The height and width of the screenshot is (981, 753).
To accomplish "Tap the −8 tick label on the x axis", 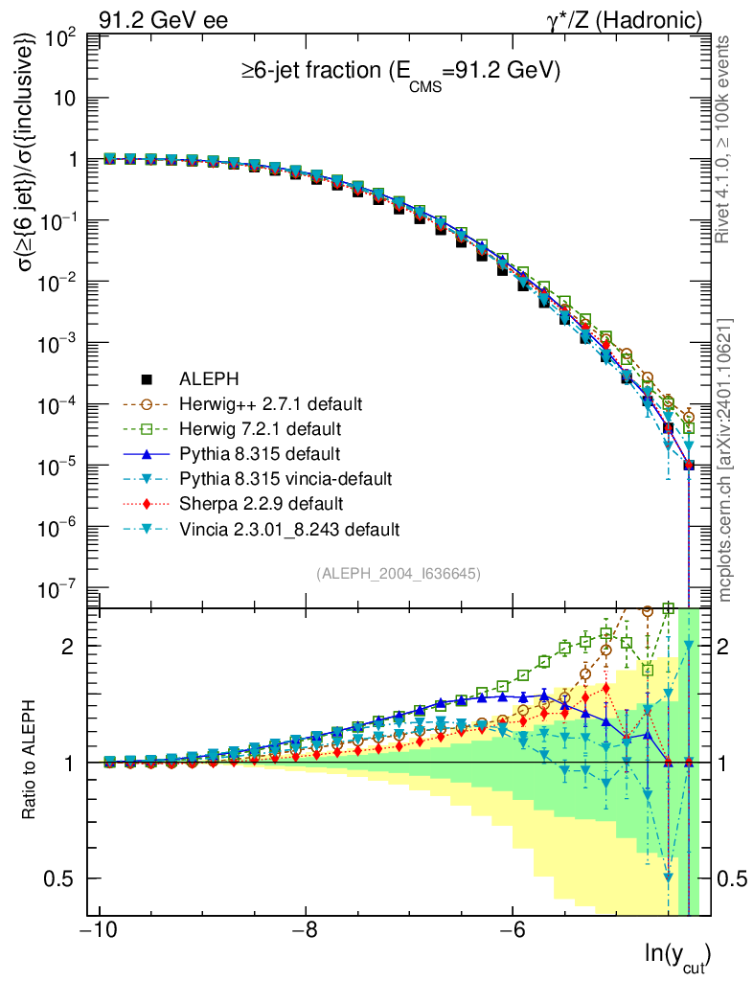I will [305, 931].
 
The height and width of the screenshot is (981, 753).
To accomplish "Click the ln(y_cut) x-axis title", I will [678, 955].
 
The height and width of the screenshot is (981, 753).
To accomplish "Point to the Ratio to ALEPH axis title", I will [32, 762].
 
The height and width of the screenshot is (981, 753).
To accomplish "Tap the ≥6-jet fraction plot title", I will [399, 72].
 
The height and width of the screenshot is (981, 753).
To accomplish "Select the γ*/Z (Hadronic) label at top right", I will [625, 19].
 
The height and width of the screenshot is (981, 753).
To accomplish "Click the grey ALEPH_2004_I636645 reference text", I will [398, 573].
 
